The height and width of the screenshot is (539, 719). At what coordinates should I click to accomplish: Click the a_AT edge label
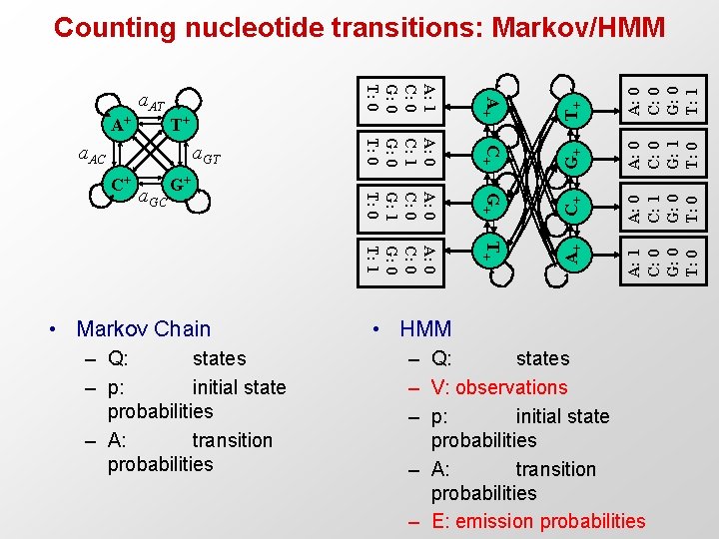pos(151,101)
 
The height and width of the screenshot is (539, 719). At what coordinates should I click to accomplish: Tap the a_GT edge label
pos(206,155)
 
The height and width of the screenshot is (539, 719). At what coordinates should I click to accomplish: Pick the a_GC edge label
pos(152,200)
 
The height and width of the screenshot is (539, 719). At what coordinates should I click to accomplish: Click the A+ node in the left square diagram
pos(121,125)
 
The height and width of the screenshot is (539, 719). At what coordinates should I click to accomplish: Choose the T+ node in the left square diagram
pos(177,125)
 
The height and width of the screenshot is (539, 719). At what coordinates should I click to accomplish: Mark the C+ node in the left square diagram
pos(121,185)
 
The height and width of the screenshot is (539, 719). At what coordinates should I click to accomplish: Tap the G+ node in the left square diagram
pos(177,185)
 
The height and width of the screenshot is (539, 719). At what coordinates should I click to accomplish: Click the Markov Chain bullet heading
pos(144,328)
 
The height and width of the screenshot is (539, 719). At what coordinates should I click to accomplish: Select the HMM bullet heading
pos(425,328)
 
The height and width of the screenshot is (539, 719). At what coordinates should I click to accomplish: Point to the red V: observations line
pos(499,387)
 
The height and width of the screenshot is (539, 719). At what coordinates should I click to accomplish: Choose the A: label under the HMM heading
pos(443,469)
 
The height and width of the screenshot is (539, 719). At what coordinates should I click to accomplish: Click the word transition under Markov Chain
pos(232,440)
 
